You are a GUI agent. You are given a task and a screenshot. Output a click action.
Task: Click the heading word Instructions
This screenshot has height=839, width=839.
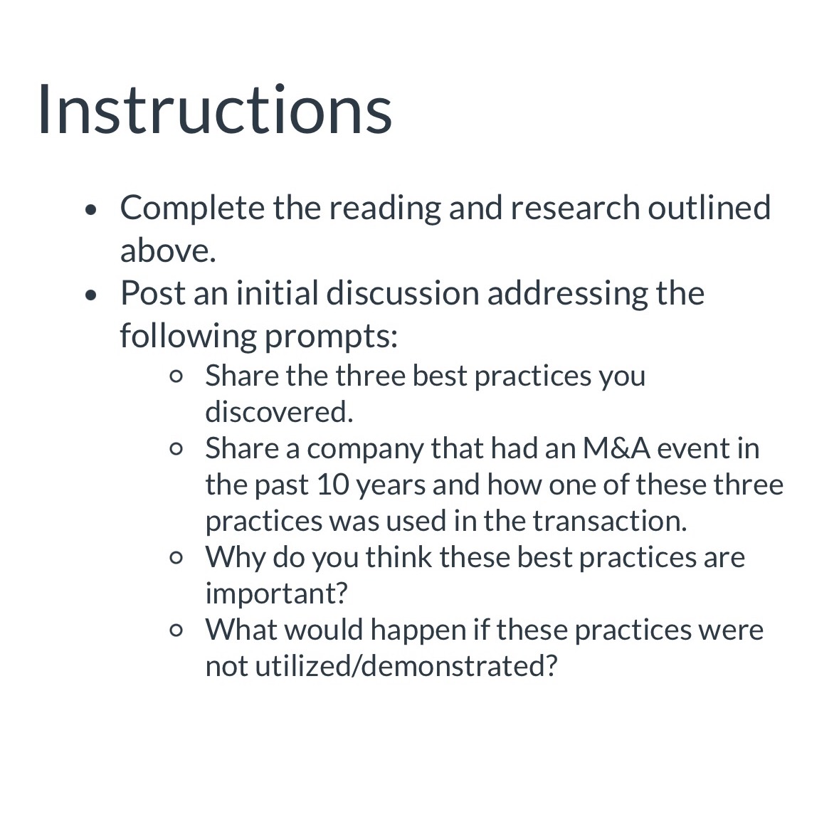pos(214,110)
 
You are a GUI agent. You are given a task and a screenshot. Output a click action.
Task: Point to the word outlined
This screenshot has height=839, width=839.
pos(709,208)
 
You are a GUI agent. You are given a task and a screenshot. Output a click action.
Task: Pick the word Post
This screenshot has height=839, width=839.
pos(152,293)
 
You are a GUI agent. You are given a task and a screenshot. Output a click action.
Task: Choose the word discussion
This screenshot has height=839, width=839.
pos(402,293)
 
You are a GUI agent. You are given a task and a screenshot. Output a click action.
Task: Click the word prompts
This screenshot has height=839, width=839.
pos(331,336)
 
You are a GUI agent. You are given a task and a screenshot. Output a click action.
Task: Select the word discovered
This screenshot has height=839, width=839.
pos(279,411)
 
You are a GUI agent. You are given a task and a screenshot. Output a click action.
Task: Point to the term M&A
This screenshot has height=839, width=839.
pos(615,448)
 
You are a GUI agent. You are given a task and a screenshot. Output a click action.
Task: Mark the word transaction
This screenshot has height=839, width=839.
pos(610,521)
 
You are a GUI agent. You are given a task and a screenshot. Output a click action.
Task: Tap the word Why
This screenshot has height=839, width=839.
pos(235,557)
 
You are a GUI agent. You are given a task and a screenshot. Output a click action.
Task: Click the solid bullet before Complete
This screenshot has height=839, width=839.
pos(90,209)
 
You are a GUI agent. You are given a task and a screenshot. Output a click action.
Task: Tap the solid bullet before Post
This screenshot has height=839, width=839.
pos(90,295)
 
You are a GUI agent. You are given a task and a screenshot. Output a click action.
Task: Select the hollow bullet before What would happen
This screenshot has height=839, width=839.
pos(177,630)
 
